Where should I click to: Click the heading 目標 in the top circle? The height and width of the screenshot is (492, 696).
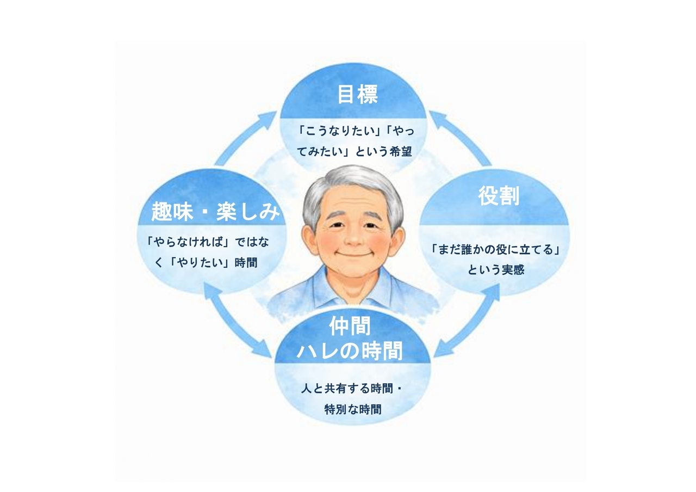[x=358, y=94]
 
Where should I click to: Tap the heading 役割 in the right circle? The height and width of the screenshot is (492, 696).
[x=499, y=195]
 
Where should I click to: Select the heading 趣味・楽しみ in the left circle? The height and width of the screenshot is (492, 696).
[x=216, y=212]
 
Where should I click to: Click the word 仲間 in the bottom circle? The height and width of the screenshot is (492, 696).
[x=350, y=326]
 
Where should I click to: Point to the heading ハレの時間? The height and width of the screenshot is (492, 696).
[x=350, y=350]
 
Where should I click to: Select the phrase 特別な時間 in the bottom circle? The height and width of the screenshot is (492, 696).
[x=353, y=409]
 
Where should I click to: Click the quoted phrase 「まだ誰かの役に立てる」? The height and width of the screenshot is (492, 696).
[x=496, y=249]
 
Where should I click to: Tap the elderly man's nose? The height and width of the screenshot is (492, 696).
[x=353, y=238]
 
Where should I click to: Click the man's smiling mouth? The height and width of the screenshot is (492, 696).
[x=353, y=254]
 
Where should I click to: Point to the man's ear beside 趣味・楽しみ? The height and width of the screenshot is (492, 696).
[x=309, y=239]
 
